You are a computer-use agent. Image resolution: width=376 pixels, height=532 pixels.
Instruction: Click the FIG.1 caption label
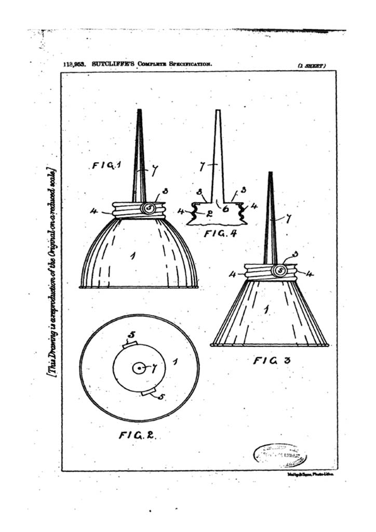click(x=107, y=166)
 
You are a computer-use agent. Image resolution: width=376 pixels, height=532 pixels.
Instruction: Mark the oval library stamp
click(x=280, y=455)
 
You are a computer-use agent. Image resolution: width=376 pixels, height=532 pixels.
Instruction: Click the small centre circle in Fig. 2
click(x=139, y=368)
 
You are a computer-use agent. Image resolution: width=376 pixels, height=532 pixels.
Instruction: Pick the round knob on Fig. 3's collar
click(x=280, y=270)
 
